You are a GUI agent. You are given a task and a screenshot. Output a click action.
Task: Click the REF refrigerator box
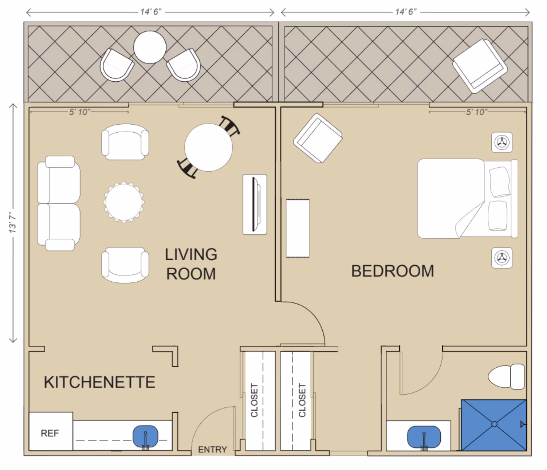[51, 431]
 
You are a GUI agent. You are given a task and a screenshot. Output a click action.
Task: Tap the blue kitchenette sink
[145, 436]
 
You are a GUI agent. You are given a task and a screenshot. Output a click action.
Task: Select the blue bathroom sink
[424, 437]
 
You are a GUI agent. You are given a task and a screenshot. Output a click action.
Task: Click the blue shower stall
[494, 425]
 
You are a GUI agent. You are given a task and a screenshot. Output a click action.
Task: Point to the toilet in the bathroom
[507, 376]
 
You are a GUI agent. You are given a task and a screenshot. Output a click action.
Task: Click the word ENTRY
[212, 449]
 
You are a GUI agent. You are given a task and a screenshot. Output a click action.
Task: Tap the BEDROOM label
[392, 271]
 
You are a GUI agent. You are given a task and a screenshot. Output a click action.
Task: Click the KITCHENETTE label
[100, 382]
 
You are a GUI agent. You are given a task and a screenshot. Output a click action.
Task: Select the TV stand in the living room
[255, 204]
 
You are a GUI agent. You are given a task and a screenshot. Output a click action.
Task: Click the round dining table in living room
[208, 147]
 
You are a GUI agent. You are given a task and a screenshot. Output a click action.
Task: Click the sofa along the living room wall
[59, 203]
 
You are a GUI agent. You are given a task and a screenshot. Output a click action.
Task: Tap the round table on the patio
[150, 47]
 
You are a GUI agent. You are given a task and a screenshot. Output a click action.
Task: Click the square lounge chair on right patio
[480, 66]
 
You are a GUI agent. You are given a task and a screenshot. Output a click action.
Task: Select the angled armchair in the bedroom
[318, 138]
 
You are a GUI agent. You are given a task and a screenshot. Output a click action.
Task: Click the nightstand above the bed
[502, 143]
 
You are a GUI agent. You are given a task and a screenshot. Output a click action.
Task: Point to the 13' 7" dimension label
[12, 222]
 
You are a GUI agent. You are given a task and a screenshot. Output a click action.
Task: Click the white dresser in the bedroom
[298, 228]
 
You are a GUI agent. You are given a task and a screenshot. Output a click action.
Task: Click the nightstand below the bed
[502, 258]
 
